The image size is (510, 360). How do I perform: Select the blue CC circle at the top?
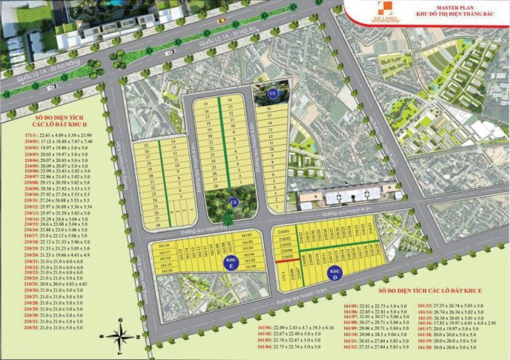click(274, 92)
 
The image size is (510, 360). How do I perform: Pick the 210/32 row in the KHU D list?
click(56, 328)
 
